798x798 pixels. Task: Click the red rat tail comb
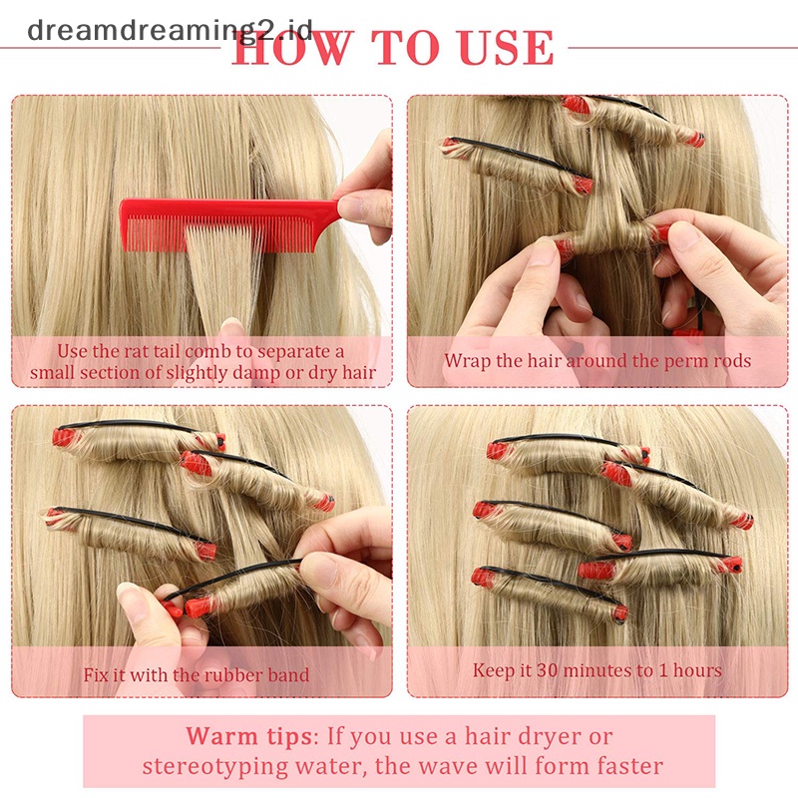[x=229, y=218]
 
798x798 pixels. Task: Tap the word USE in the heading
[x=506, y=47]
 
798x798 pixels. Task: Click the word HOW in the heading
[x=292, y=47]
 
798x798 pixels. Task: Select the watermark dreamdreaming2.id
[x=170, y=30]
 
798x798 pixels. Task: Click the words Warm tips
[x=248, y=736]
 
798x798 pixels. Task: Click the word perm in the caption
[x=678, y=362]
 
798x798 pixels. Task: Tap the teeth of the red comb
[x=217, y=234]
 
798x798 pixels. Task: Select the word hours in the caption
[x=697, y=670]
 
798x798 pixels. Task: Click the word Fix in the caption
[x=96, y=675]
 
